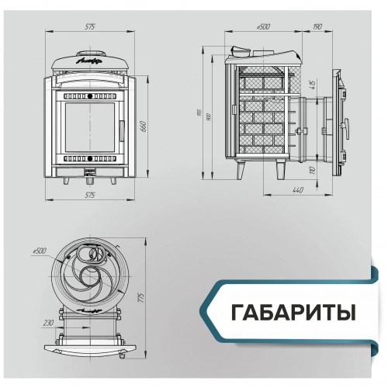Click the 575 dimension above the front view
[90, 28]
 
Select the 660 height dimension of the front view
[143, 127]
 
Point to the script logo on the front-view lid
[88, 60]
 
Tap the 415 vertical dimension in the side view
[311, 84]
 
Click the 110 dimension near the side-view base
[311, 169]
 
